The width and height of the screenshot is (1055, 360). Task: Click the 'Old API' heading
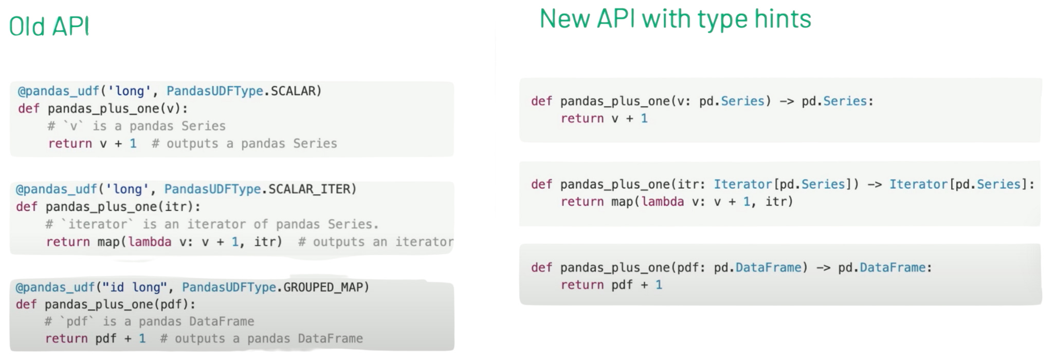49,26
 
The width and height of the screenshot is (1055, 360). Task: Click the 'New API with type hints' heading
675,20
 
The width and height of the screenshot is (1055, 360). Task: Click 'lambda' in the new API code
663,202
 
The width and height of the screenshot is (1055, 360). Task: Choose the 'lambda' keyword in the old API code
150,242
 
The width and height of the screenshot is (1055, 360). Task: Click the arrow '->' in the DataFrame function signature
823,268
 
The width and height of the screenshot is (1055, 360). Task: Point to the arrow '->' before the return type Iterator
875,185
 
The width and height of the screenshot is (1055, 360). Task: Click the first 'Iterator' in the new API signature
743,184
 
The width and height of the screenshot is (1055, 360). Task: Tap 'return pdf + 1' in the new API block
611,285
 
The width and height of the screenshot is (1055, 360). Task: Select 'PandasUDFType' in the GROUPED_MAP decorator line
229,287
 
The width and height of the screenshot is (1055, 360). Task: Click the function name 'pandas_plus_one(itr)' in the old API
123,207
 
